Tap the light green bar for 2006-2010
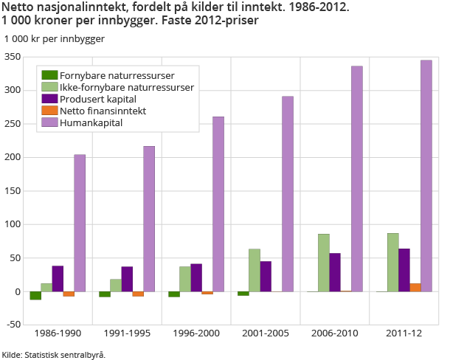click(x=324, y=263)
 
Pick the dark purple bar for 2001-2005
click(x=266, y=277)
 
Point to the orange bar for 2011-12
click(x=415, y=287)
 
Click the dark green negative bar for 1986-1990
click(x=35, y=296)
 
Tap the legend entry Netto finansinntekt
click(x=103, y=111)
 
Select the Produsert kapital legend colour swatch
click(x=50, y=99)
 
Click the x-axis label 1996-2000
click(x=196, y=333)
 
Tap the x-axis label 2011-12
click(x=404, y=333)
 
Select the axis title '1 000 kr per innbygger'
click(x=55, y=38)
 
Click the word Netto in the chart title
click(x=17, y=7)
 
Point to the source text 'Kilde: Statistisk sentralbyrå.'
click(x=54, y=354)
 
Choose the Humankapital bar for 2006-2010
click(x=357, y=179)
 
